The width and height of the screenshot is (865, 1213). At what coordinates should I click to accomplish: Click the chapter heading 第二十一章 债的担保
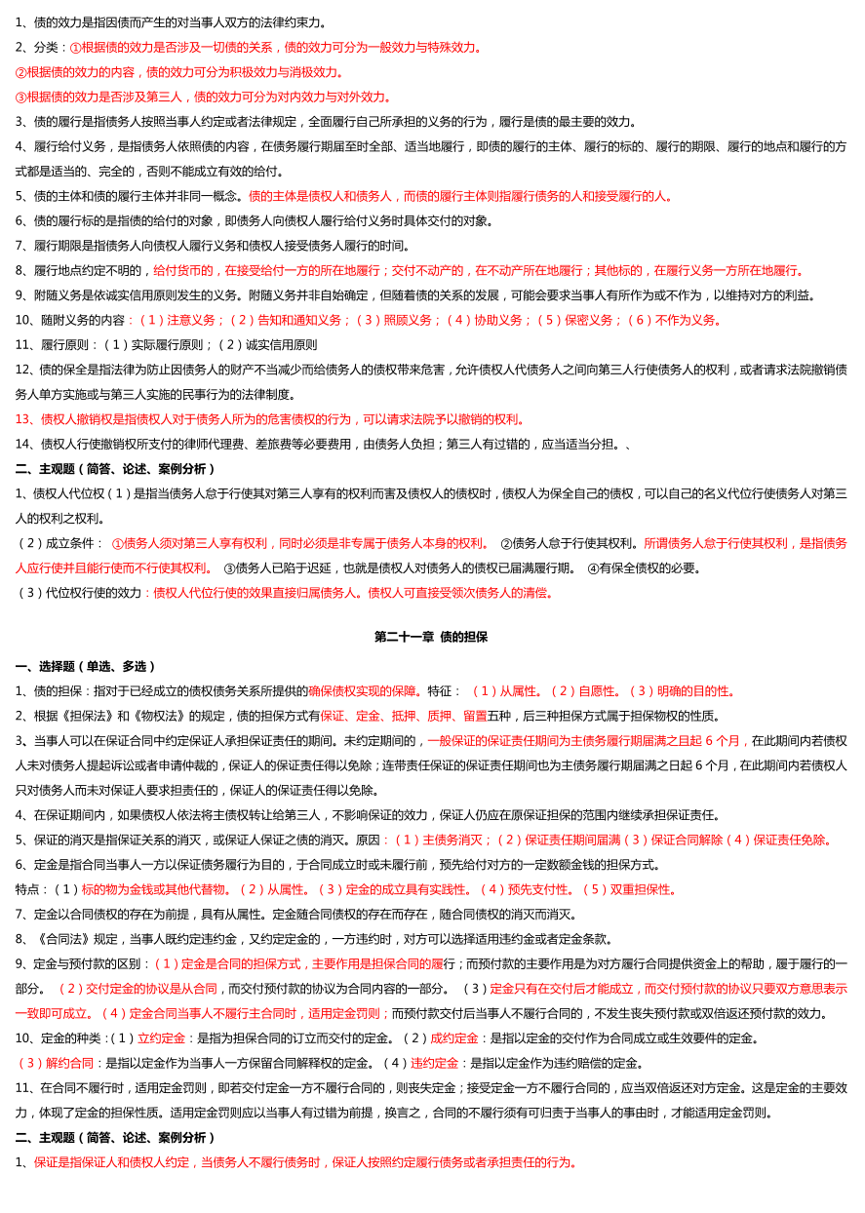(x=431, y=637)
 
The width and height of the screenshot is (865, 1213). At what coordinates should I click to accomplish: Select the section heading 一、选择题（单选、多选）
(x=86, y=667)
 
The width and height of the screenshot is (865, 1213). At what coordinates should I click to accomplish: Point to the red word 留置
(x=475, y=716)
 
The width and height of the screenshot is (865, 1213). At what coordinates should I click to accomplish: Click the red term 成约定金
(x=453, y=1038)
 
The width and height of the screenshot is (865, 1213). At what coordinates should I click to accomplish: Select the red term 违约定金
(x=434, y=1063)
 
